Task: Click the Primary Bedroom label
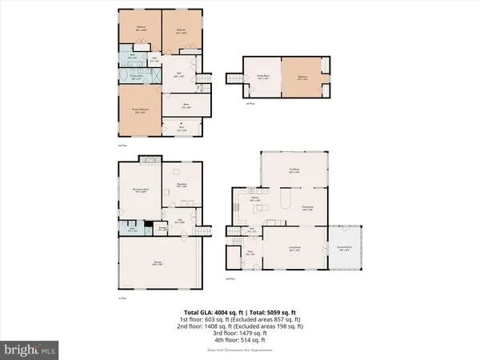[x=139, y=111]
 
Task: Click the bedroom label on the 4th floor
[x=304, y=78]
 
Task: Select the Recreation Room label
[x=139, y=190]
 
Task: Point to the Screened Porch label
[x=344, y=249]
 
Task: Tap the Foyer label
[x=250, y=252]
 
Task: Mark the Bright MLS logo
[x=30, y=349]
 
